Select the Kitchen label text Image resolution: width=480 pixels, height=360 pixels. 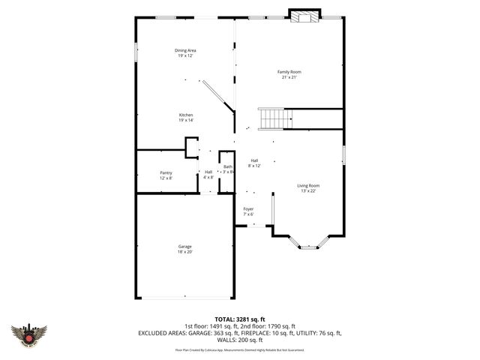pos(185,115)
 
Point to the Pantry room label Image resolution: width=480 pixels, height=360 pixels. pos(166,172)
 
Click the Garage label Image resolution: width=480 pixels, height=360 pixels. pos(184,247)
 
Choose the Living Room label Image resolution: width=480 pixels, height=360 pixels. pos(308,185)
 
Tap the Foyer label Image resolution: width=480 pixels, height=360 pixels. pos(248,208)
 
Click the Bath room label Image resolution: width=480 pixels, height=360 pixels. pos(227,166)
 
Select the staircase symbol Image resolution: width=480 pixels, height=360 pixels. pos(274,118)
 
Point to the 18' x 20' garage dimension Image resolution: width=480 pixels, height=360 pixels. pos(184,252)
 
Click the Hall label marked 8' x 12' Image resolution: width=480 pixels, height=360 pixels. pos(254,160)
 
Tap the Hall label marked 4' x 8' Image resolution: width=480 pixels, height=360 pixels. pos(208,172)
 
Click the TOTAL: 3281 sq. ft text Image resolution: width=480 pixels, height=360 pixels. pos(239,319)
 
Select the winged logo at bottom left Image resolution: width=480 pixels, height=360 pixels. pos(29,334)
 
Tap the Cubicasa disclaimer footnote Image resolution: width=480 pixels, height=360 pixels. pos(239,349)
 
